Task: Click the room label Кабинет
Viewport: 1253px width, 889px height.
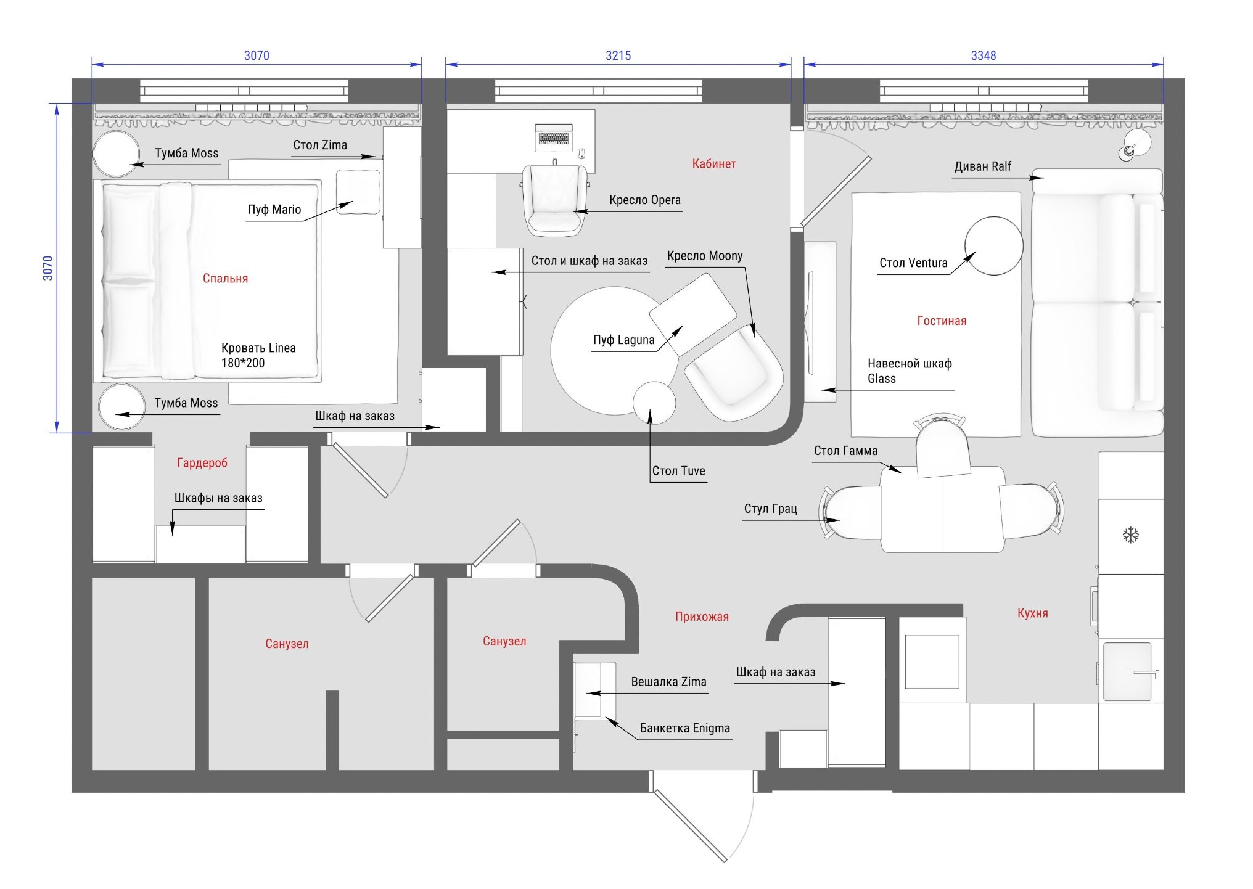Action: (x=713, y=164)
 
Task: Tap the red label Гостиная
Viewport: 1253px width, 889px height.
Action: (x=942, y=321)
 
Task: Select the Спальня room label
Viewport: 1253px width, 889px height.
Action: (x=225, y=279)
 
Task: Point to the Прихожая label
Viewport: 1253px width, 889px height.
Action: (x=702, y=617)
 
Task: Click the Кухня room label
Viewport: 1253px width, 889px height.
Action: (x=1032, y=613)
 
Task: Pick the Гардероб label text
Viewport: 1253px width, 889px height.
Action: (x=202, y=463)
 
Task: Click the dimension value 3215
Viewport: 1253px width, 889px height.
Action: (x=618, y=55)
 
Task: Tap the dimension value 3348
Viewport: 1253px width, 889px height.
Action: (x=983, y=55)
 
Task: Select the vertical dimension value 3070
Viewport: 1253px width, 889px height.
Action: (x=47, y=268)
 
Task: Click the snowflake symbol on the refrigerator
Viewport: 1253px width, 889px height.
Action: (x=1130, y=535)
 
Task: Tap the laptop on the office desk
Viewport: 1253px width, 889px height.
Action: (x=554, y=137)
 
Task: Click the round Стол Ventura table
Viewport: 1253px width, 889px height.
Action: (x=993, y=246)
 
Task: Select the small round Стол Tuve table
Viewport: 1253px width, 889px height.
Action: (x=654, y=403)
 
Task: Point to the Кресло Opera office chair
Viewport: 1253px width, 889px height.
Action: (x=555, y=200)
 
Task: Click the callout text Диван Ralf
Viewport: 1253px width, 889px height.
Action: (x=982, y=166)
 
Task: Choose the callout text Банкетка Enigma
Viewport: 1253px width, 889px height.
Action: (x=684, y=728)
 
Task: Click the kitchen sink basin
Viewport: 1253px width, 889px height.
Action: (x=1127, y=671)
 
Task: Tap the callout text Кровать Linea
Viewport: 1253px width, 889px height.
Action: (x=258, y=348)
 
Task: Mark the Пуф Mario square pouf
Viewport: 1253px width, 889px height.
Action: (x=358, y=192)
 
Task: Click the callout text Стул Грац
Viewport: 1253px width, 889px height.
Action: (x=770, y=509)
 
